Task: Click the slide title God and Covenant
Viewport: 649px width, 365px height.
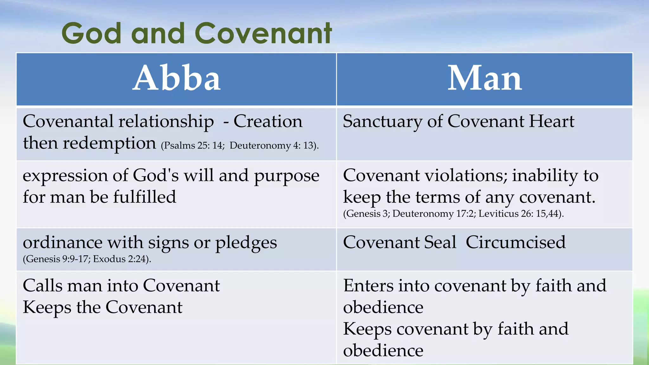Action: [196, 33]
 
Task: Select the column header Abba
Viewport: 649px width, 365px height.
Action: [177, 78]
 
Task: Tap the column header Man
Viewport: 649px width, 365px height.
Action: [485, 78]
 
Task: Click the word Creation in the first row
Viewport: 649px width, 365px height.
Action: [268, 121]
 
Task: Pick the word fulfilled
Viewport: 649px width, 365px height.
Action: [145, 197]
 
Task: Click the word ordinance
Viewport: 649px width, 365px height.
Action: [62, 243]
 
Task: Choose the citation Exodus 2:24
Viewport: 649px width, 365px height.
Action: [121, 259]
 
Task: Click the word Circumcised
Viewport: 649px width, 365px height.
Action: [516, 243]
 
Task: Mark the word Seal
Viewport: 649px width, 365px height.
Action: [440, 243]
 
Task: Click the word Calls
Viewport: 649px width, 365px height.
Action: [43, 286]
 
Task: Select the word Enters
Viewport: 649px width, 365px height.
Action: [368, 286]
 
